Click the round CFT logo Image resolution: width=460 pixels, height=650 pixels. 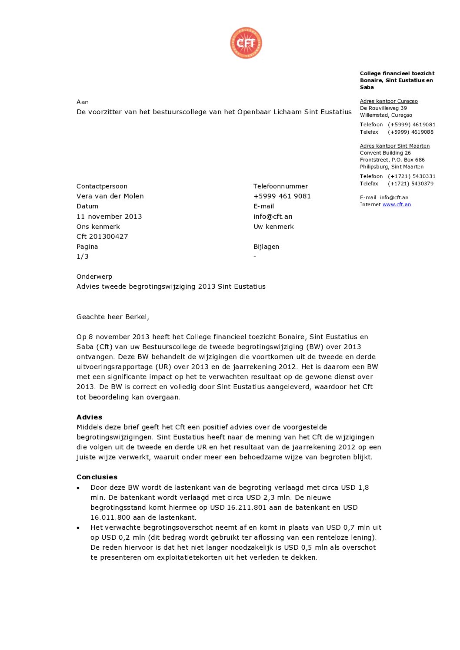tap(246, 43)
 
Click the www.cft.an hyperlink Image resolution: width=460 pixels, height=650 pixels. tap(397, 205)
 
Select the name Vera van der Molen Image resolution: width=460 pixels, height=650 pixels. tap(110, 196)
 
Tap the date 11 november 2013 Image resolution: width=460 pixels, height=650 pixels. tap(109, 216)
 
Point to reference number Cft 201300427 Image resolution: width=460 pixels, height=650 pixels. tap(102, 237)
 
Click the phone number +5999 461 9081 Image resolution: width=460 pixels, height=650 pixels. tap(282, 196)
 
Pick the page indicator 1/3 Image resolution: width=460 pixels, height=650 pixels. tap(83, 257)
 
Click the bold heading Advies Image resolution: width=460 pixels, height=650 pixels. tap(89, 417)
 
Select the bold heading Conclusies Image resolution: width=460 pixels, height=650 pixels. tap(97, 477)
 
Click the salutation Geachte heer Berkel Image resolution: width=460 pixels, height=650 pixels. tap(113, 317)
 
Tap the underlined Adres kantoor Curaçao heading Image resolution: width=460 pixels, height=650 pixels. tap(389, 101)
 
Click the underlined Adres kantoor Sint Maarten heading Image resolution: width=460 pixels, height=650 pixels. tap(395, 146)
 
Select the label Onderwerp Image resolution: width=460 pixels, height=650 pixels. tap(94, 277)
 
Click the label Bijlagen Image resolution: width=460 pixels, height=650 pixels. tap(266, 247)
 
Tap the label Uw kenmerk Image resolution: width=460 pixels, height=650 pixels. tap(273, 227)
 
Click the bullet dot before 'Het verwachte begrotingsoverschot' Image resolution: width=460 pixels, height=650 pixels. tap(78, 528)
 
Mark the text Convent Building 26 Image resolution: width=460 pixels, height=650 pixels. tap(385, 153)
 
